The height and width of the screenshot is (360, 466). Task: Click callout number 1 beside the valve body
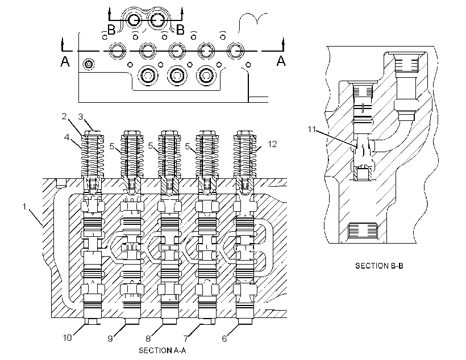[x=24, y=207]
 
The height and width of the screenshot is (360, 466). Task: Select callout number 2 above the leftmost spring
[x=64, y=116]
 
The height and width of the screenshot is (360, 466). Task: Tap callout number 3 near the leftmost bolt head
[x=81, y=117]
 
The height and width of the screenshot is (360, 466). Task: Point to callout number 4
[x=67, y=137]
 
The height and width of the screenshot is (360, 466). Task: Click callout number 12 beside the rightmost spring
[x=272, y=144]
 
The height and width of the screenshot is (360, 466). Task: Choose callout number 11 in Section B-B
[x=311, y=129]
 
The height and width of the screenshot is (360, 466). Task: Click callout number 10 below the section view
[x=68, y=338]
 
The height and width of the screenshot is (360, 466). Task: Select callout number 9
[x=110, y=338]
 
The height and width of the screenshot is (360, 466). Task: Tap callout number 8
[x=148, y=338]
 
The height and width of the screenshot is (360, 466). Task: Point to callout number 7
[x=186, y=338]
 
